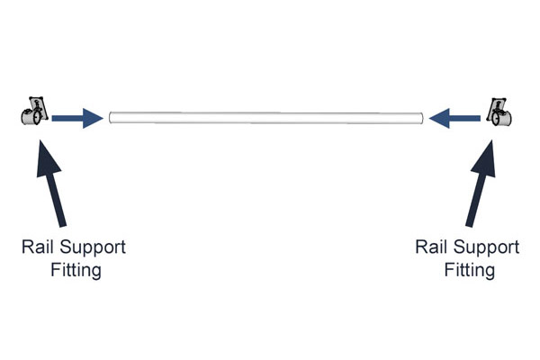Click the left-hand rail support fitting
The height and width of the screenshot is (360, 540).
pyautogui.click(x=34, y=111)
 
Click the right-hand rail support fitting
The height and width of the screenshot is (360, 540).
pyautogui.click(x=499, y=112)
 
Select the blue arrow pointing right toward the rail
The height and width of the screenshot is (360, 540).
pyautogui.click(x=77, y=118)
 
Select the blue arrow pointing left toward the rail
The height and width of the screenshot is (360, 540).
pyautogui.click(x=454, y=118)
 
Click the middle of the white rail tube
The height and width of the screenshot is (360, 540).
pyautogui.click(x=265, y=118)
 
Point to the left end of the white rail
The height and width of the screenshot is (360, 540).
pyautogui.click(x=110, y=118)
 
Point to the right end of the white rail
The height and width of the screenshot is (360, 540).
pyautogui.click(x=423, y=118)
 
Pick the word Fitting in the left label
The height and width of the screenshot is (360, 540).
pyautogui.click(x=76, y=270)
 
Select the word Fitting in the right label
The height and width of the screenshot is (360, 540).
pyautogui.click(x=470, y=270)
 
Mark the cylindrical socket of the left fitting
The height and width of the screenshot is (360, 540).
pyautogui.click(x=31, y=117)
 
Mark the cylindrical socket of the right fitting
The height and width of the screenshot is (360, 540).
pyautogui.click(x=502, y=119)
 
